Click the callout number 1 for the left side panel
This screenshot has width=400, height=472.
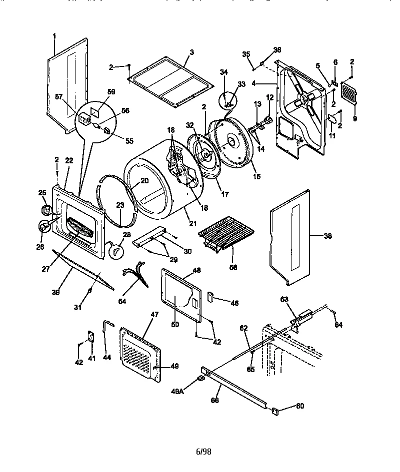click(x=54, y=36)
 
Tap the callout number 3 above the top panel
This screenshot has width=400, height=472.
click(x=191, y=52)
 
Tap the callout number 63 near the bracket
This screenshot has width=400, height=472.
click(x=284, y=299)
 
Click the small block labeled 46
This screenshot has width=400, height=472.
click(x=210, y=298)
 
